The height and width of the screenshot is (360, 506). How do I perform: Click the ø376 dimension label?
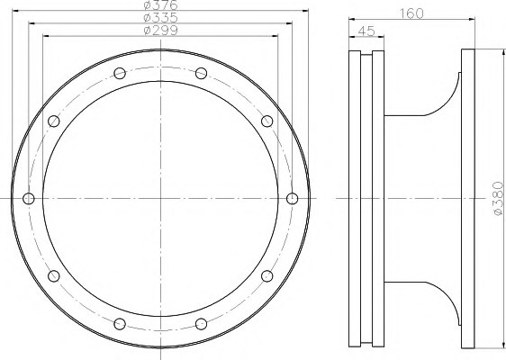[x=160, y=4]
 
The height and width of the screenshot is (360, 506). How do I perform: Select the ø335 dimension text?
[x=160, y=17]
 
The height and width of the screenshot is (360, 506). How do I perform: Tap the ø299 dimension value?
[x=160, y=31]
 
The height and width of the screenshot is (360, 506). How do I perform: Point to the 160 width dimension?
[x=411, y=13]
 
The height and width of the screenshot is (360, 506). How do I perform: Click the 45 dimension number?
[x=366, y=31]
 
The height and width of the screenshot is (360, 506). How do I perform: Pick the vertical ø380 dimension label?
[x=498, y=198]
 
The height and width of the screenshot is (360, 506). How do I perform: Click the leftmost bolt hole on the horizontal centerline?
[x=29, y=198]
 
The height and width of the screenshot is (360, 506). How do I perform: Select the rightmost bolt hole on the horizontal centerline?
[x=292, y=198]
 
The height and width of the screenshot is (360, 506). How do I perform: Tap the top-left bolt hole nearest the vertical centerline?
[x=120, y=73]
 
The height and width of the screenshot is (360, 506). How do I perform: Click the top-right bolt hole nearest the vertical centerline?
[x=201, y=73]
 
